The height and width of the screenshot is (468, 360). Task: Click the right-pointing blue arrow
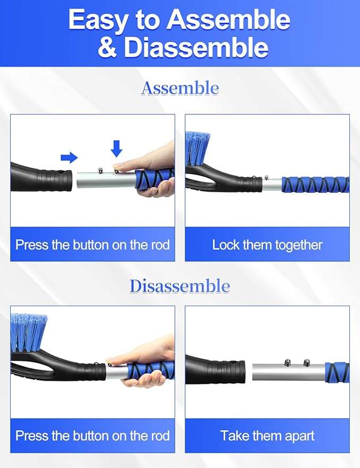tap(69, 157)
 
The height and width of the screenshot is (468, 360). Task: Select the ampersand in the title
tap(107, 47)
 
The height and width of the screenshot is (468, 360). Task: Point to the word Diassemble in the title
tap(196, 47)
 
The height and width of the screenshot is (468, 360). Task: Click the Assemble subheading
tap(180, 88)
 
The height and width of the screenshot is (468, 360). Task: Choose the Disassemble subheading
tap(180, 286)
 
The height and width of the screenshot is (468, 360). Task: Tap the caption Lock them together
tap(267, 245)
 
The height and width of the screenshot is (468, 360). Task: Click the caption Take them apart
tap(267, 436)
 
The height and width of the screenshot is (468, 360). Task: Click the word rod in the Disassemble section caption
tap(158, 436)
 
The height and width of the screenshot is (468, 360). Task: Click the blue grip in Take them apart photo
tap(337, 372)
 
